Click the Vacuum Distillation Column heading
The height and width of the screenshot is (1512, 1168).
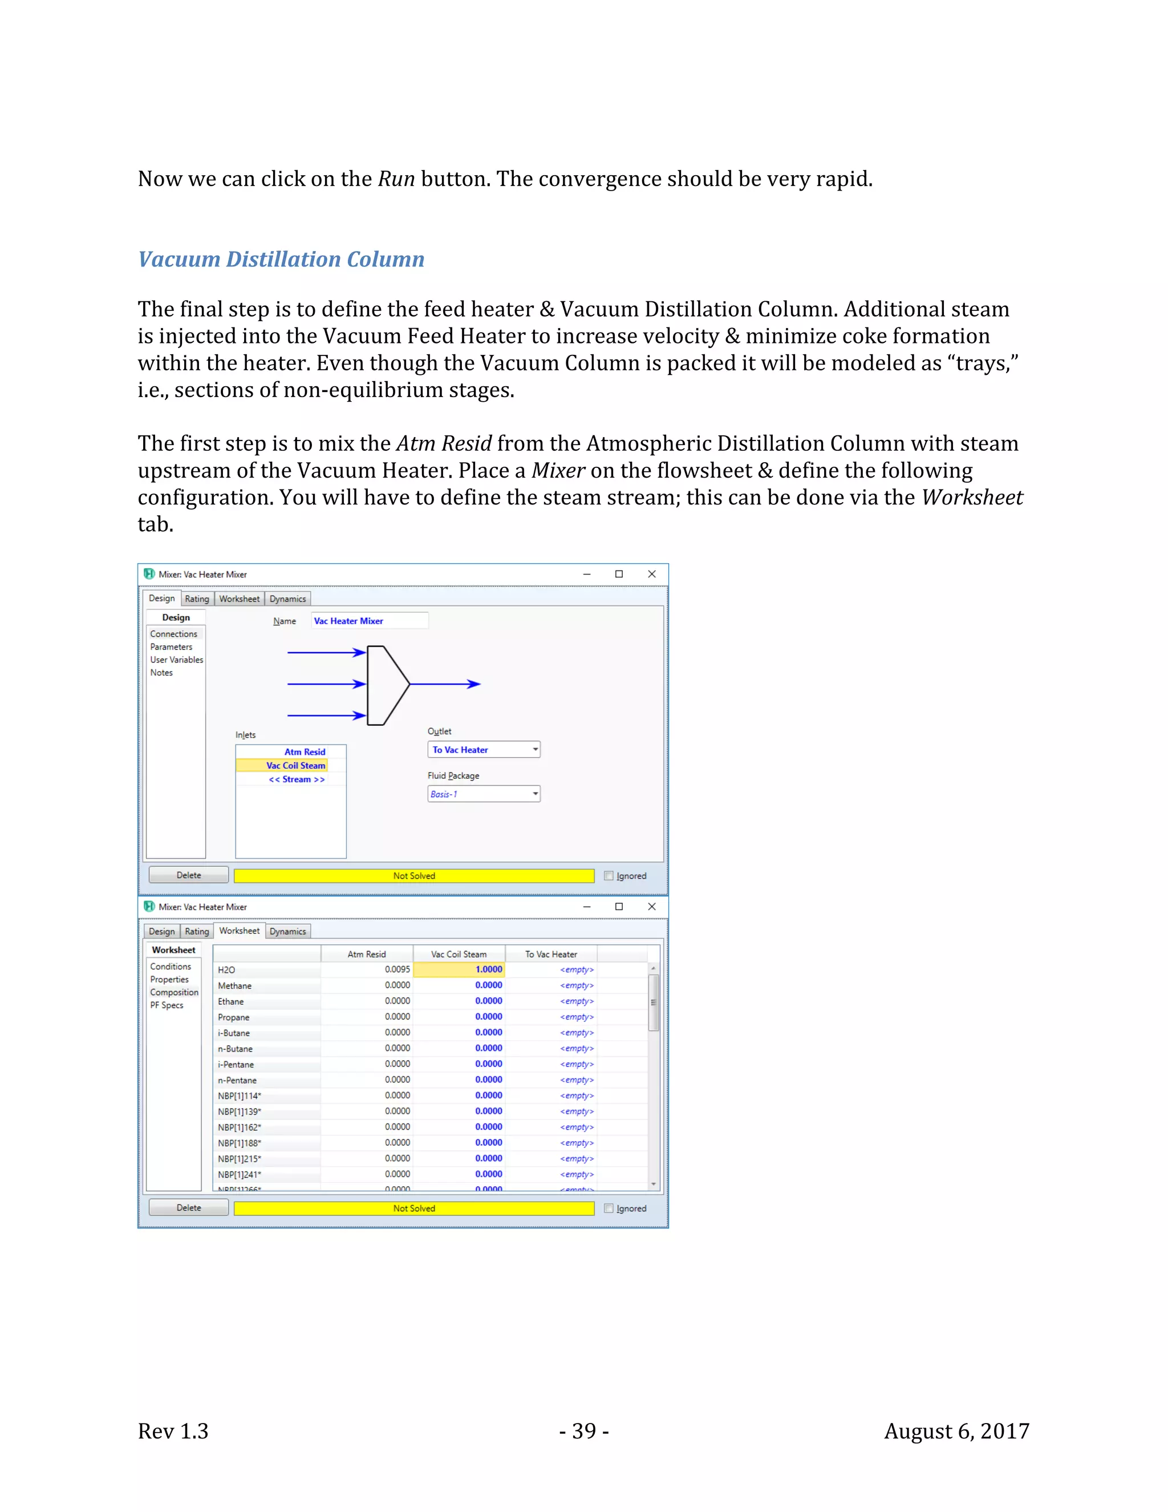[x=281, y=259]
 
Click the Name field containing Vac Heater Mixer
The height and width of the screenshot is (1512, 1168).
[x=369, y=621]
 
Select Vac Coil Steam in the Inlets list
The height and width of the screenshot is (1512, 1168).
[x=295, y=766]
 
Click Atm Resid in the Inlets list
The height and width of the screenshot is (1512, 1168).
[x=305, y=752]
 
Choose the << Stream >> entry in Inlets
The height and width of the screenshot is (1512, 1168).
[x=296, y=779]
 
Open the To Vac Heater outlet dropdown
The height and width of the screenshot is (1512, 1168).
[x=535, y=750]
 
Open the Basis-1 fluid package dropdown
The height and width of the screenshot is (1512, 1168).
[x=535, y=794]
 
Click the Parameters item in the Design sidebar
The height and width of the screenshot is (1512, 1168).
[x=171, y=646]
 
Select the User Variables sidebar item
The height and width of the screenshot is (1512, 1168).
[x=176, y=660]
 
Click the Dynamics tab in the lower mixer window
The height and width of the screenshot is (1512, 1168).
[x=287, y=931]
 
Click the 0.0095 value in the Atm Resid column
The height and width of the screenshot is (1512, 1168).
[x=396, y=969]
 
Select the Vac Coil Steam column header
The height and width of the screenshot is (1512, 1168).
[x=458, y=954]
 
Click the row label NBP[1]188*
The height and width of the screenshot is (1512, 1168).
[x=240, y=1143]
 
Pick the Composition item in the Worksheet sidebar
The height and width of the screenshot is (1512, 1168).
[x=174, y=992]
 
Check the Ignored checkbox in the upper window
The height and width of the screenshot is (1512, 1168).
[x=608, y=876]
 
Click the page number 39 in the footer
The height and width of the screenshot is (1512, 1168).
[x=584, y=1431]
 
